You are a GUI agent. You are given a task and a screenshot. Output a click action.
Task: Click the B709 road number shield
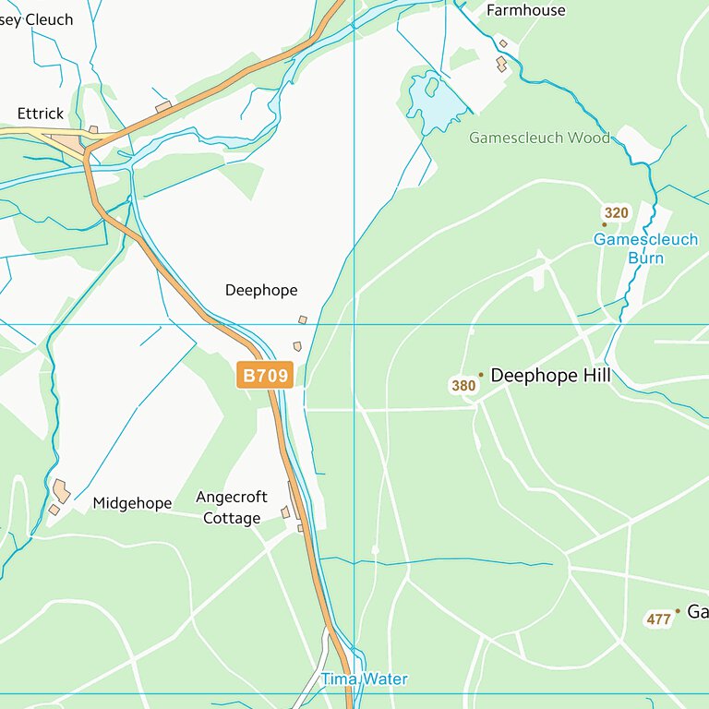(x=266, y=375)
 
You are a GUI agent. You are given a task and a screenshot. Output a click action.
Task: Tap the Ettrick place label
(x=41, y=114)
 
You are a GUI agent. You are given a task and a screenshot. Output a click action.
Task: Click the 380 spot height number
(x=463, y=385)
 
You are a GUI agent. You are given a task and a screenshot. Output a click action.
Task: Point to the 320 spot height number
(x=616, y=213)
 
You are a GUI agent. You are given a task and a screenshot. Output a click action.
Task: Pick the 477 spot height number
(x=658, y=619)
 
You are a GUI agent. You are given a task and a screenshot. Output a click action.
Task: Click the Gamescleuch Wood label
(x=539, y=138)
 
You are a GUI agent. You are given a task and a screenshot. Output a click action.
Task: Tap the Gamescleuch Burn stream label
(x=645, y=248)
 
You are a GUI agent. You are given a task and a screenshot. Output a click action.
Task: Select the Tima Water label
(x=364, y=679)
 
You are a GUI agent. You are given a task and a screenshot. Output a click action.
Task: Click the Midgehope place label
(x=132, y=503)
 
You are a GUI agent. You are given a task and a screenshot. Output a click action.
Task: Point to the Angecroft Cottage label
(x=232, y=508)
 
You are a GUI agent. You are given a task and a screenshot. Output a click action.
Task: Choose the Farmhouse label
(x=525, y=11)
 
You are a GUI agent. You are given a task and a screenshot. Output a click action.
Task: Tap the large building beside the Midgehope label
(x=62, y=490)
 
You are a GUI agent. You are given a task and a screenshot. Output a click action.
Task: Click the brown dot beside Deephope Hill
(x=480, y=376)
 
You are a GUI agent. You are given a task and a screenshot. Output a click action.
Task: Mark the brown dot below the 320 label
(x=605, y=224)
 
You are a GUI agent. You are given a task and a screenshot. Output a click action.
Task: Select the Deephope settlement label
(x=261, y=290)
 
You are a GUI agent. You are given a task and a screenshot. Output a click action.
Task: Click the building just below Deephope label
(x=302, y=320)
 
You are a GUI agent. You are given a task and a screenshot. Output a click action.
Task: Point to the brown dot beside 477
(x=678, y=611)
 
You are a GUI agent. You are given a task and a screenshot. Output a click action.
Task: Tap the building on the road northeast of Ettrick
(x=163, y=108)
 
